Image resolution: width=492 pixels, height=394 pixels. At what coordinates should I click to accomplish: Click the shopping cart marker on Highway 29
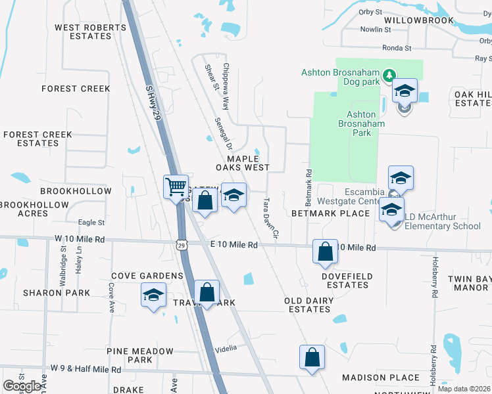(x=176, y=187)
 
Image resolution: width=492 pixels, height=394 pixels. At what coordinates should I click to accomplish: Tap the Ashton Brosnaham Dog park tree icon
(x=389, y=74)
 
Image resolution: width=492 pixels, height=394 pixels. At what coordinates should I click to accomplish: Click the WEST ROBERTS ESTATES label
(x=91, y=32)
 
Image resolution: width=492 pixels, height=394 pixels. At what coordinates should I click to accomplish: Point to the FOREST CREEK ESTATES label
(x=37, y=139)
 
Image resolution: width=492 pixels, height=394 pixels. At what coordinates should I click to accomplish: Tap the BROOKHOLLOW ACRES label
(x=34, y=209)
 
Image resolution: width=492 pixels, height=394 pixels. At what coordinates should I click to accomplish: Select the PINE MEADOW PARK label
(x=139, y=355)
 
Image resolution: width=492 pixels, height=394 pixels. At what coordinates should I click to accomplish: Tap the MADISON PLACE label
(x=380, y=378)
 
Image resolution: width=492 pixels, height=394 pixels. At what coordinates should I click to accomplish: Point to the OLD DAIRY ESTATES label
(x=308, y=305)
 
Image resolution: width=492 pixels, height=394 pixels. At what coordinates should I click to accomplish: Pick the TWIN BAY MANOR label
(x=468, y=283)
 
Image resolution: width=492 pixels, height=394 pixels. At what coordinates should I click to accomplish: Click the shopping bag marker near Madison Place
(x=312, y=358)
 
